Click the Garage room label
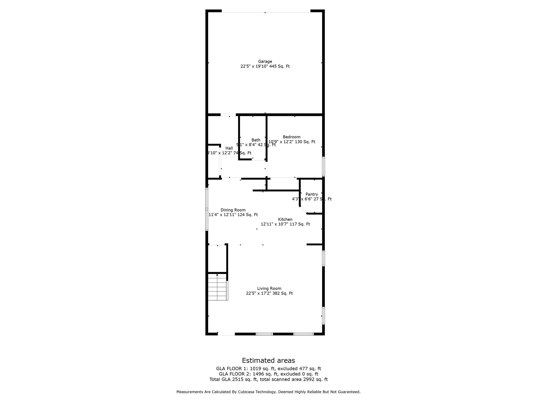(265, 61)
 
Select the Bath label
(256, 140)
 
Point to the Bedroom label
(292, 137)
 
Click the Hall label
(229, 148)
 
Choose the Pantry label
(312, 194)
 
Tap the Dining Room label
(233, 210)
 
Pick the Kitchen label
(285, 219)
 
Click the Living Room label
(269, 288)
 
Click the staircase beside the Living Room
(217, 287)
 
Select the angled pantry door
(303, 210)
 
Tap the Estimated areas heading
(268, 360)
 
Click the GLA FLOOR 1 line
(268, 369)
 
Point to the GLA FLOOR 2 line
(268, 374)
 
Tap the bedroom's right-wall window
(323, 166)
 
